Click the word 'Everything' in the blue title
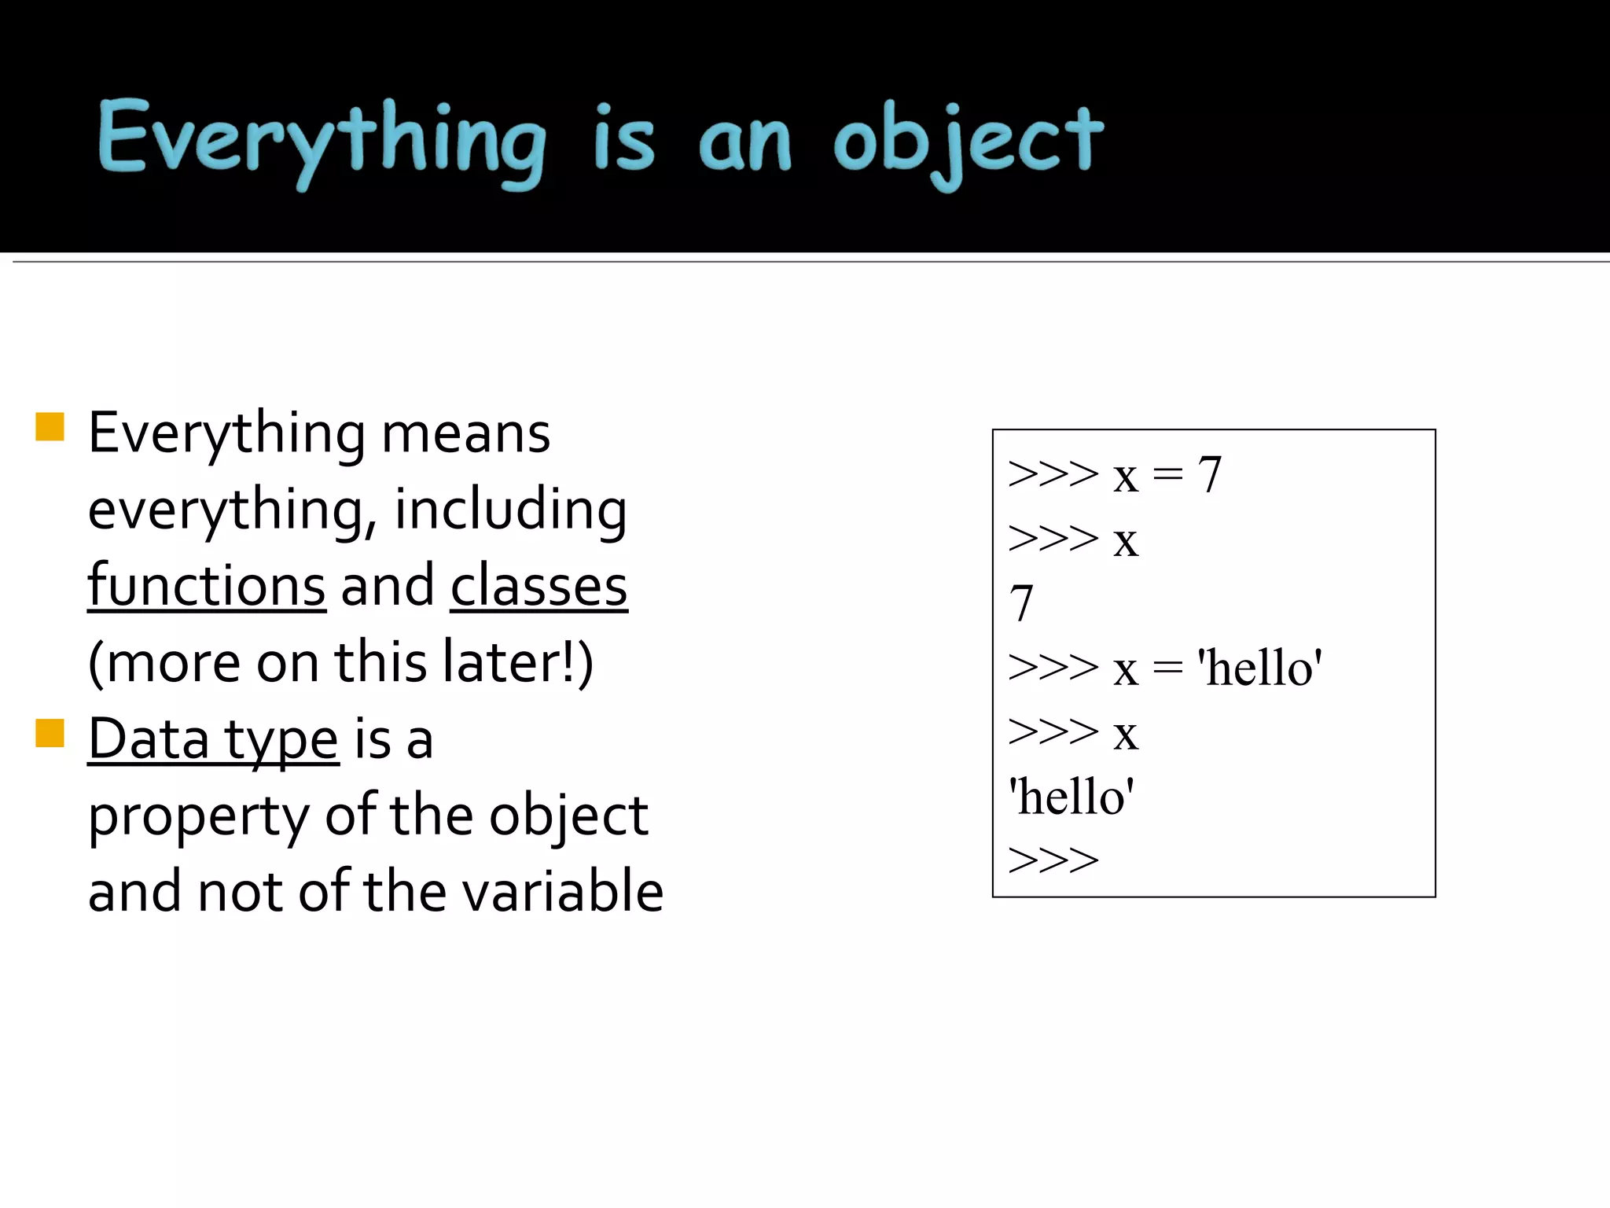point(321,142)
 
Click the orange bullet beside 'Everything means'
point(50,427)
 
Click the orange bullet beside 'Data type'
point(50,733)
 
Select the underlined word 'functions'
point(207,586)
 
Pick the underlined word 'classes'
point(539,586)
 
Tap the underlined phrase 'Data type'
point(213,739)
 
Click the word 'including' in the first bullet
point(510,510)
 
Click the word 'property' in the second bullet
point(199,816)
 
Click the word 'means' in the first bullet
point(465,434)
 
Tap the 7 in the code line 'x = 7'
point(1209,475)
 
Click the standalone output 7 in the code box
point(1021,604)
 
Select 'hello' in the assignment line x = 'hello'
point(1259,668)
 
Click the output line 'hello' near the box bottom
point(1071,797)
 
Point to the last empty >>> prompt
point(1053,860)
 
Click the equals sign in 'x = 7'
point(1167,475)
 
